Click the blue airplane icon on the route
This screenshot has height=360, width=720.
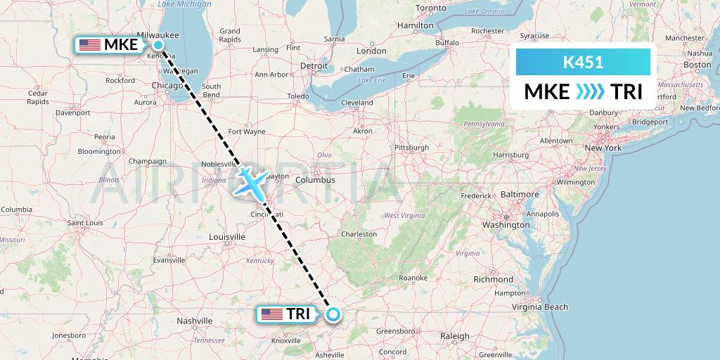point(251,181)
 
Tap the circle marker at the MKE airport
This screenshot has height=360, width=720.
point(159,45)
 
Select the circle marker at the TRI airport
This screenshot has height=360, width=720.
point(333,314)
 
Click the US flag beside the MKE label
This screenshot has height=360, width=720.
point(90,45)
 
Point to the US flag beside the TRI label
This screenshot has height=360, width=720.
point(271,314)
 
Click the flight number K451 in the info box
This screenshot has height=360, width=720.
point(583,62)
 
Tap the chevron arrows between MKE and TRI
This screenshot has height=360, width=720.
point(590,92)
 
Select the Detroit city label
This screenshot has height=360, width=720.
point(314,65)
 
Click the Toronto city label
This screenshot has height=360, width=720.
point(431,8)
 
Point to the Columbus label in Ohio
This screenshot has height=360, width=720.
point(315,180)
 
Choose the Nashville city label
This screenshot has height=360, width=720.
point(195,321)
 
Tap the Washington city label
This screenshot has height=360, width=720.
point(506,225)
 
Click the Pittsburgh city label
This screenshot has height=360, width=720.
point(411,148)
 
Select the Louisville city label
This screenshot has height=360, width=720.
point(226,237)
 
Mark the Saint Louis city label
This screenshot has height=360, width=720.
point(86,223)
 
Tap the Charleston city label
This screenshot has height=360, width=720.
point(359,234)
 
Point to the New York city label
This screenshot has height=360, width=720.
point(603,148)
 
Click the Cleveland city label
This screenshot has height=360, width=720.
point(356,103)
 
